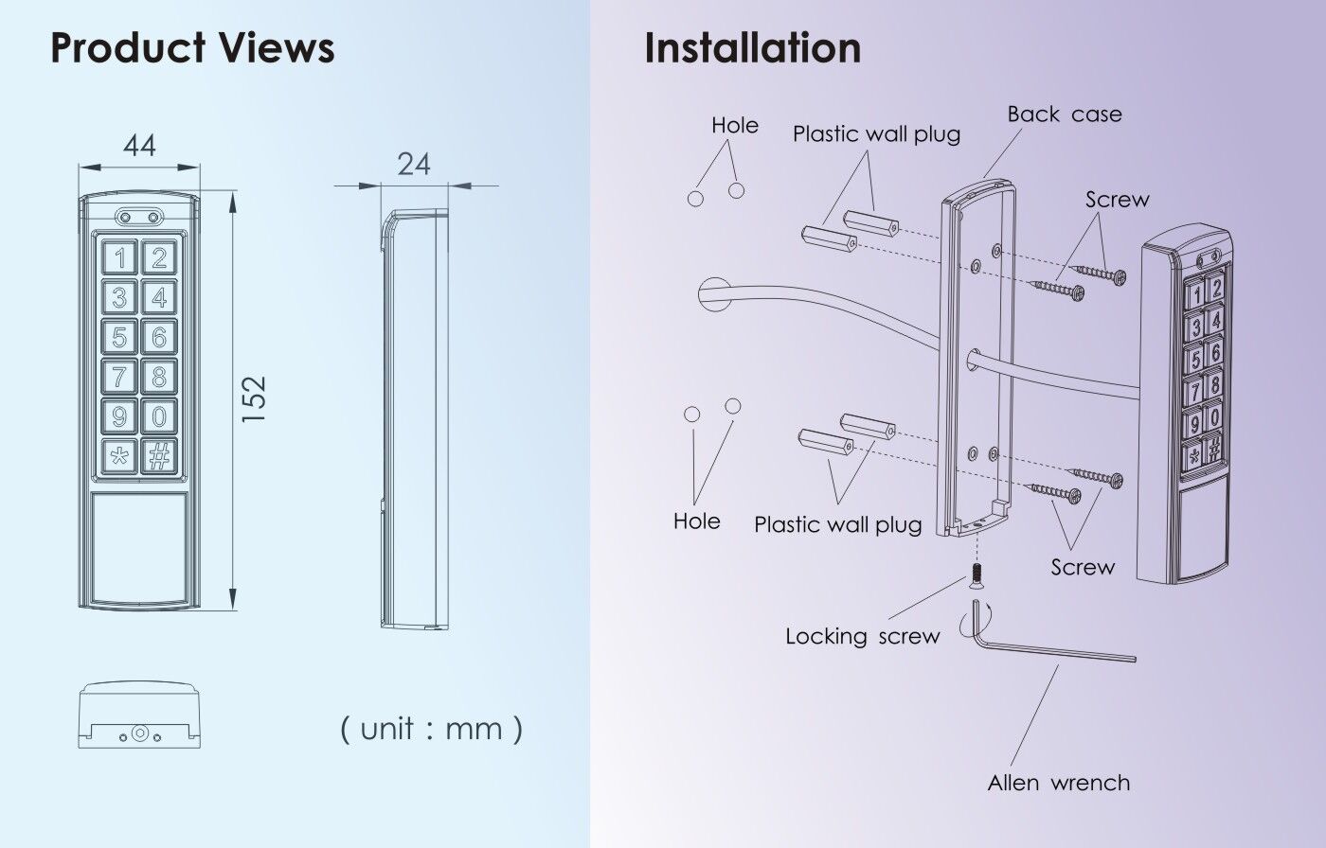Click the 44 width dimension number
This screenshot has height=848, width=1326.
tap(139, 146)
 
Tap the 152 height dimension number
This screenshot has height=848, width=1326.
tap(254, 399)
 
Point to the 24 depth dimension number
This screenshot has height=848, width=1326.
tap(414, 165)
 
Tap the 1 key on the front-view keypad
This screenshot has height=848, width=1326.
tap(119, 257)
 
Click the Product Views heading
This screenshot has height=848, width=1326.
tap(191, 47)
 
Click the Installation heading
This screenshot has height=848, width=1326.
tap(752, 47)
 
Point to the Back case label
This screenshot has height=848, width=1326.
tap(1064, 115)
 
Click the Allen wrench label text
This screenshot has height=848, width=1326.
tap(1058, 784)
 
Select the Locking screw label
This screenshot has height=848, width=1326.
tap(862, 637)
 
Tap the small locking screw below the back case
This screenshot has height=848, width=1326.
tap(975, 574)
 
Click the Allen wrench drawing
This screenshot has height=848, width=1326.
tap(1051, 650)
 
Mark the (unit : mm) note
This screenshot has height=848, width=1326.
tap(431, 728)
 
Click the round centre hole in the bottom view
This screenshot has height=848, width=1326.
tap(139, 733)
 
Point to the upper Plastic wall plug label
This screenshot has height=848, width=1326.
tap(876, 134)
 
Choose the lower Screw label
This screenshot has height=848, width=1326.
tap(1083, 568)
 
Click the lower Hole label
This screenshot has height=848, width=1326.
tap(696, 521)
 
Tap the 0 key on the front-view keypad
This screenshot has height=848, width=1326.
tap(159, 416)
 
